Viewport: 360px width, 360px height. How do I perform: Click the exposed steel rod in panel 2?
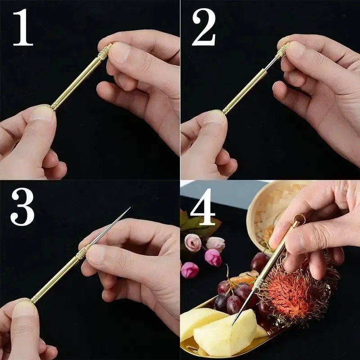pos(272,65)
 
